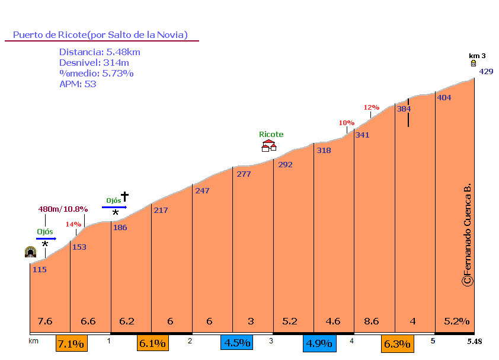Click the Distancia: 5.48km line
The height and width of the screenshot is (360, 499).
[100, 52]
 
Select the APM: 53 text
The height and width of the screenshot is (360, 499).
[78, 84]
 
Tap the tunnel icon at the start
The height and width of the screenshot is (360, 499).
[30, 252]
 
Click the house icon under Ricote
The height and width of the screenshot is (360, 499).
[269, 146]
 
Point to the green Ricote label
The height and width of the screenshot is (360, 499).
[271, 135]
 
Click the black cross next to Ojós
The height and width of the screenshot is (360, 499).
[124, 196]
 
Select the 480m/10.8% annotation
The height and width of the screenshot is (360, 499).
[63, 209]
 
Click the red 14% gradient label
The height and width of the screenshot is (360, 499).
[73, 224]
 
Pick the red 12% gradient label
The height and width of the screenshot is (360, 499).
[371, 107]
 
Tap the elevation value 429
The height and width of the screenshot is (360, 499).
[486, 72]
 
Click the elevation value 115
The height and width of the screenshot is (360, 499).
[40, 270]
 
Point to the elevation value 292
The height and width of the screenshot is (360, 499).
[285, 165]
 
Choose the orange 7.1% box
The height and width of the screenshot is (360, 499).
[72, 343]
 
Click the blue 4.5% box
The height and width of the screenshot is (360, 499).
[236, 343]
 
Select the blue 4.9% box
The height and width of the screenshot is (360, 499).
[319, 343]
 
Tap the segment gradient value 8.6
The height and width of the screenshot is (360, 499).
[371, 321]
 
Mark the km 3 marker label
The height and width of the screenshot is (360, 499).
[477, 56]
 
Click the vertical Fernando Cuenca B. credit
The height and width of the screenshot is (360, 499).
[467, 234]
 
